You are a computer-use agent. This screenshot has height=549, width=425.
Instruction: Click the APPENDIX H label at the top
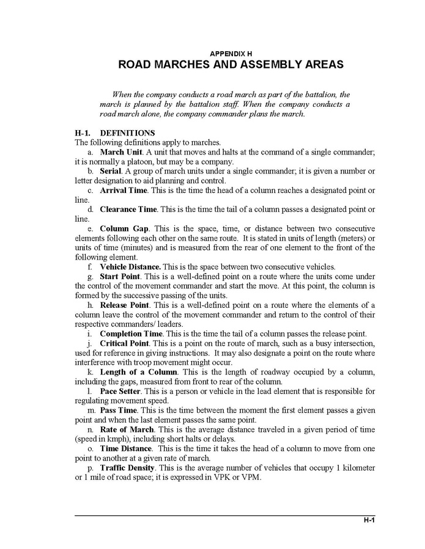231,54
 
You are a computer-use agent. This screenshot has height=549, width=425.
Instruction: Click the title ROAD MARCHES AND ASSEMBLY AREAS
231,65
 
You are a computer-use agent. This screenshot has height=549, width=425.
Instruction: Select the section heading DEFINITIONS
127,133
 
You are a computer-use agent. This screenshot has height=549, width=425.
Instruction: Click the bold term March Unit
120,152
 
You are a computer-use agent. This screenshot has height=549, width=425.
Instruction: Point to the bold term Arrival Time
124,191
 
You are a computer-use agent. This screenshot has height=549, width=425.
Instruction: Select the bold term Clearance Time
128,209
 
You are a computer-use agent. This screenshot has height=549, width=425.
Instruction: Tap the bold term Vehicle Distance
130,266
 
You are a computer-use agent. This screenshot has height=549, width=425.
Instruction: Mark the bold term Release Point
125,305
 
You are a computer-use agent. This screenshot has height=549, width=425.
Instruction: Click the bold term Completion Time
131,333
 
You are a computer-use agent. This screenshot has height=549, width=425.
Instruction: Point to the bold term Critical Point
124,343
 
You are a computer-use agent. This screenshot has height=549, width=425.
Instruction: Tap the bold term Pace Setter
120,391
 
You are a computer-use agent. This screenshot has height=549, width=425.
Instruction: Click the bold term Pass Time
119,410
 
